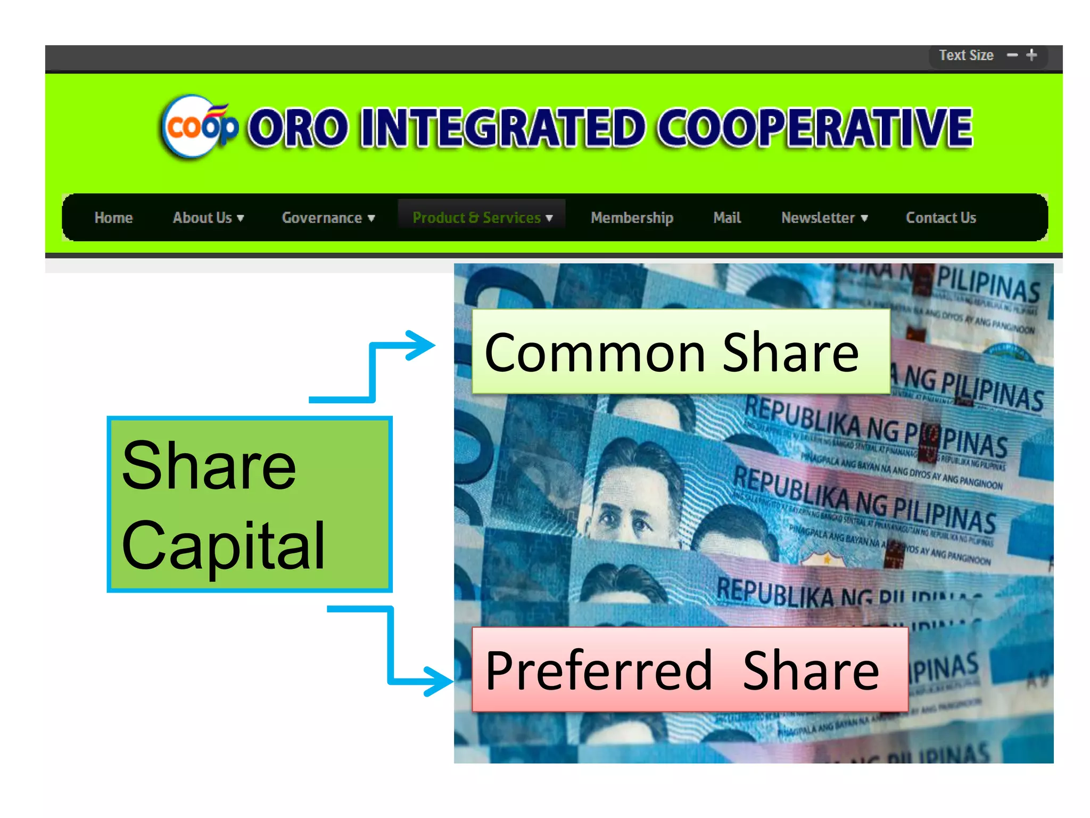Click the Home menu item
tap(113, 218)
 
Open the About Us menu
tap(208, 218)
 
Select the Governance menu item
tap(328, 218)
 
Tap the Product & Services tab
tap(482, 218)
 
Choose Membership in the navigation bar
tap(632, 218)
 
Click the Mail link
tap(727, 218)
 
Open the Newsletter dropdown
tap(824, 218)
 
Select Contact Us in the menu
tap(941, 218)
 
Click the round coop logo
tap(198, 127)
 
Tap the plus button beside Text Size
tap(1031, 55)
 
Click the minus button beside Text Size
tap(1012, 55)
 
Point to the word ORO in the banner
tap(298, 128)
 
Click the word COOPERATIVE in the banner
tap(814, 128)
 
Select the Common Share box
tap(680, 352)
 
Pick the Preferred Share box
tap(689, 670)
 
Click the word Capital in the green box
tap(224, 545)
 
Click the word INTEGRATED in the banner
tap(502, 128)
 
